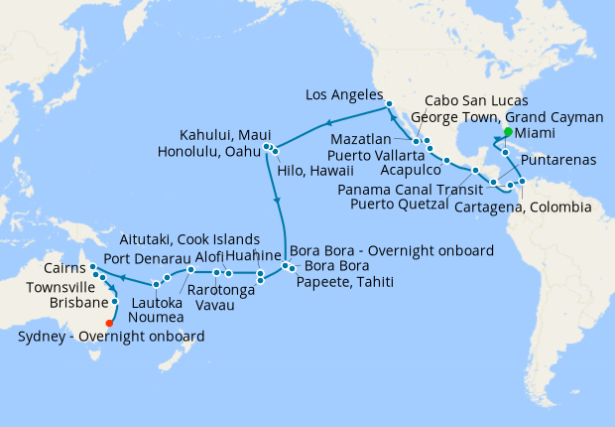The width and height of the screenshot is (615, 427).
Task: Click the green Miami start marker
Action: point(507,131)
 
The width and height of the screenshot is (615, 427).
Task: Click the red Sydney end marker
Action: point(109,322)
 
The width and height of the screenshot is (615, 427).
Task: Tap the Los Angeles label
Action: point(344,95)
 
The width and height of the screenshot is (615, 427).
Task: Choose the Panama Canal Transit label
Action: point(407,189)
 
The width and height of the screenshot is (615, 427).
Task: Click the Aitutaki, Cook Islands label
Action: point(189,239)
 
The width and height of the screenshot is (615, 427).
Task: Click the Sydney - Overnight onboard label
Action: point(111,337)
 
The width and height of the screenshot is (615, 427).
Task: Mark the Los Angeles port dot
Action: point(390,104)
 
